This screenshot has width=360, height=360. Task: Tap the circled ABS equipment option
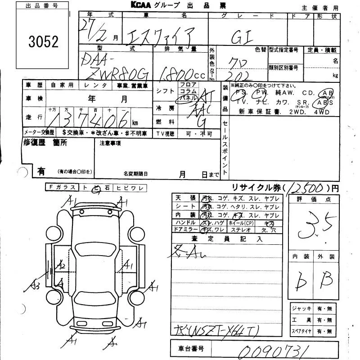coord(325,102)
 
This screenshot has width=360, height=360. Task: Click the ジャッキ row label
coord(302,308)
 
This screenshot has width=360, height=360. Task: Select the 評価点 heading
coord(312,198)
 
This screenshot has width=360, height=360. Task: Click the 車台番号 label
coord(191,349)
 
